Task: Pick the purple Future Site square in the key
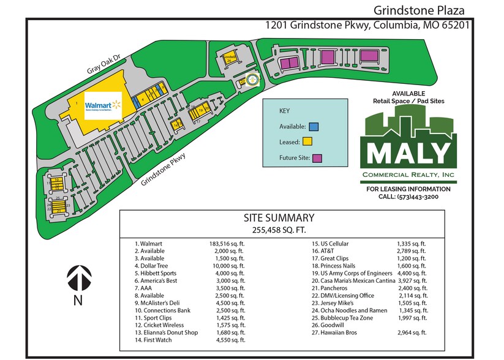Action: [317, 158]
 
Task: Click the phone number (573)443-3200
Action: [407, 197]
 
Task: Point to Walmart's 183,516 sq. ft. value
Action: [227, 243]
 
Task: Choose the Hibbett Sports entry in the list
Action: [158, 273]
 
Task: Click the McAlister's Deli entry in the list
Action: [159, 303]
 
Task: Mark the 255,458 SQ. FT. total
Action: [279, 230]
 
